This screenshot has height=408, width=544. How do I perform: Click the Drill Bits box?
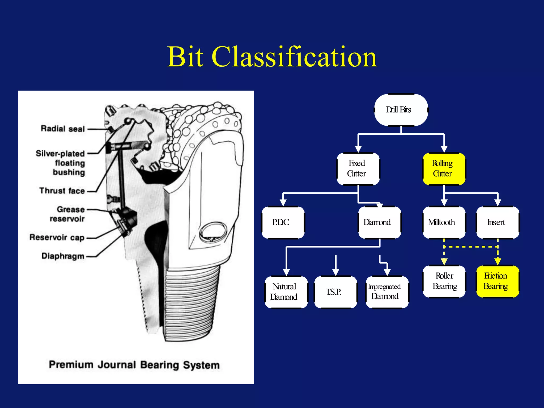coord(401,110)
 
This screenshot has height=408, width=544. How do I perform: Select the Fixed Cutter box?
coord(358,169)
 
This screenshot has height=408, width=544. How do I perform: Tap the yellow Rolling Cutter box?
coord(444,169)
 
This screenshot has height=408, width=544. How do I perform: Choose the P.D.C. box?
coord(283,222)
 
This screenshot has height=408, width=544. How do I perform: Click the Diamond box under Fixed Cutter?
coord(379,222)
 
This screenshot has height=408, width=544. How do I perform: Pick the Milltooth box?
coord(444,222)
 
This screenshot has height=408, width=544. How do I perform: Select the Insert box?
coord(497,222)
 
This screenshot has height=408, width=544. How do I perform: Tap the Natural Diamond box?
coord(286,292)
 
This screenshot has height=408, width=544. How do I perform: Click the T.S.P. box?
coord(335,292)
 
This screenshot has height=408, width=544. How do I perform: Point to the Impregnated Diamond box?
coord(387,292)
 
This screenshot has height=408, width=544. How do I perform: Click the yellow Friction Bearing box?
coord(497,281)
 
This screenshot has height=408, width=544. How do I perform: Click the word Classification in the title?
coord(294,57)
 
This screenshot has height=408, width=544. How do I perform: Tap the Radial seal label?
coord(63,129)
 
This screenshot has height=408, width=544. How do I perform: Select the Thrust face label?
coord(62,191)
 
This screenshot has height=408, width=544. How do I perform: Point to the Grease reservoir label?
coord(68,214)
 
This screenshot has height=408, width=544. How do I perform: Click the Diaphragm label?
coord(63,256)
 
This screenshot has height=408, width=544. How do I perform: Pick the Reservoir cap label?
coord(57,237)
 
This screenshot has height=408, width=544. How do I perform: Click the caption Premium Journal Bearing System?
coord(134,365)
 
